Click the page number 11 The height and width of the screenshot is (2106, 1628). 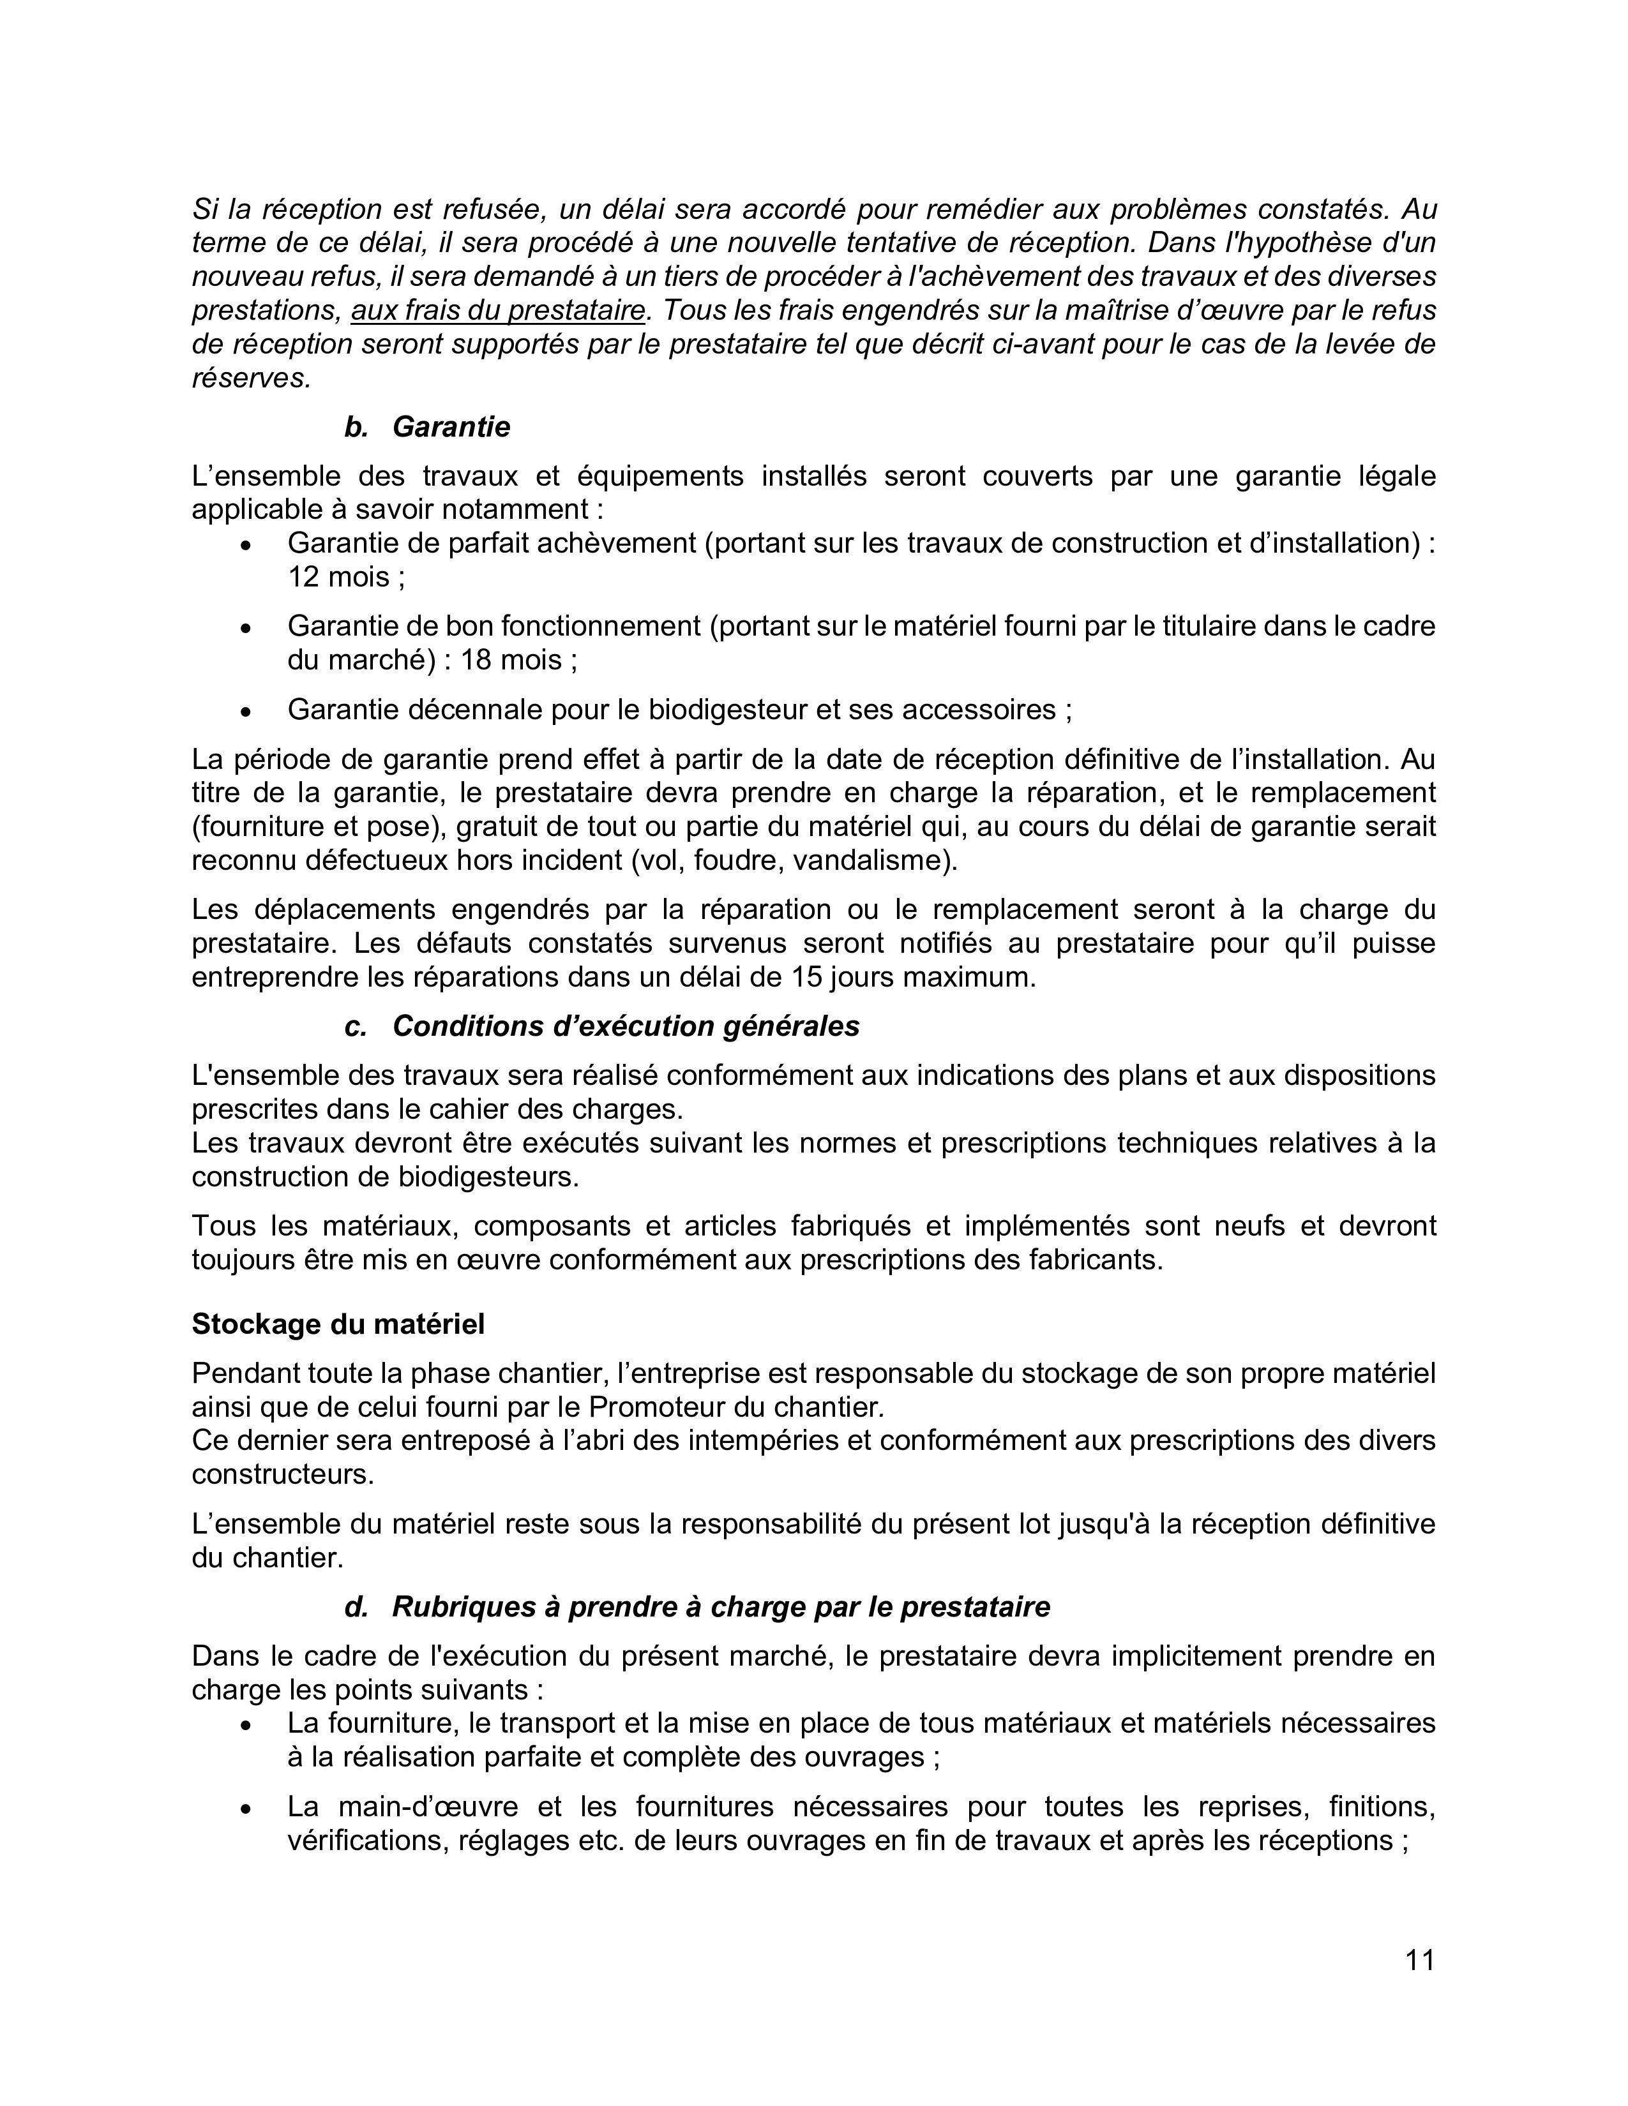pos(1420,1960)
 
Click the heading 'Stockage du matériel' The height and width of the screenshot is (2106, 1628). pos(338,1324)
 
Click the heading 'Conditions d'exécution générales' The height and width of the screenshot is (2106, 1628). pos(625,1026)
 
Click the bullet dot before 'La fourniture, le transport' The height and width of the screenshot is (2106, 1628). pos(247,1724)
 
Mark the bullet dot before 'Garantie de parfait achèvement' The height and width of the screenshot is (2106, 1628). pos(247,545)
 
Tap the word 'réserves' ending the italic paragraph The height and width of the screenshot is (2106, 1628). pos(249,378)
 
